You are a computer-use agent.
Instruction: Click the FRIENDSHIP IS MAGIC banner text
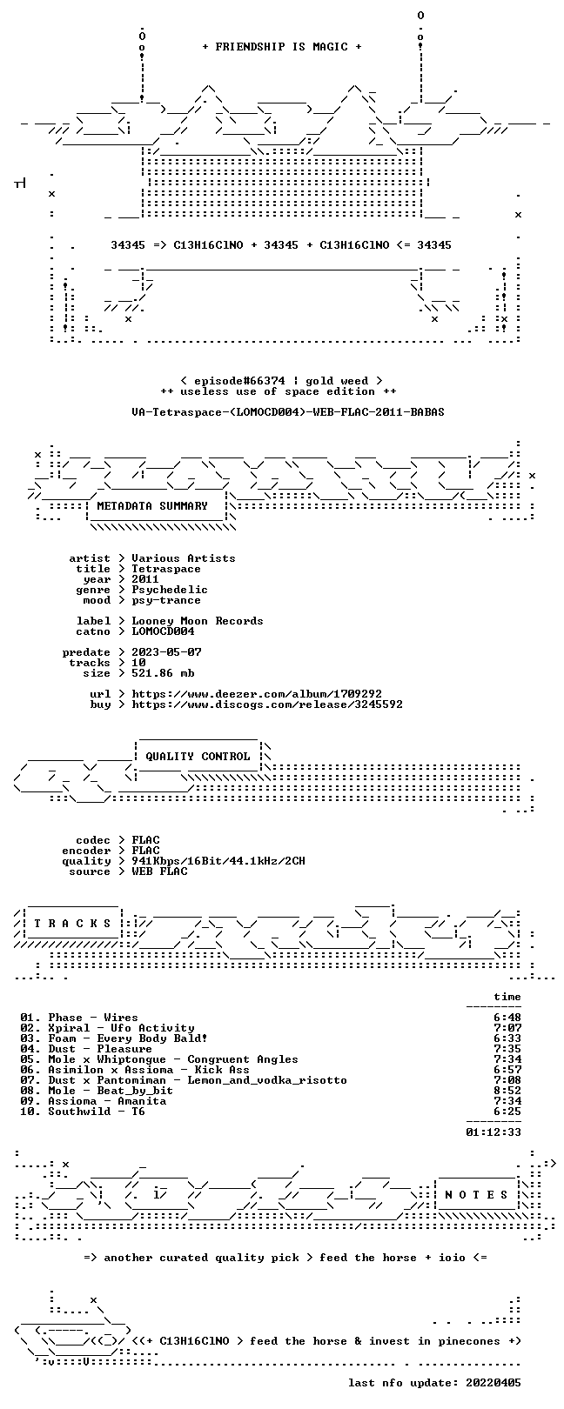[x=281, y=47]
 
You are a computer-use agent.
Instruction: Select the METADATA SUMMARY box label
[x=151, y=505]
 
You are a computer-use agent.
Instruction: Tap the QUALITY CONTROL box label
[x=198, y=756]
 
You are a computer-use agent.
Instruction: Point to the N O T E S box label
[x=476, y=1194]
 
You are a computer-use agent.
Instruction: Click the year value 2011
[x=145, y=579]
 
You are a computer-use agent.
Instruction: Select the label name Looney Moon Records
[x=198, y=621]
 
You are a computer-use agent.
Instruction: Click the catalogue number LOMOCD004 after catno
[x=163, y=631]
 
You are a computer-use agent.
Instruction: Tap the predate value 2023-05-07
[x=167, y=652]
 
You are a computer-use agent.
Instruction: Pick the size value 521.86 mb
[x=163, y=673]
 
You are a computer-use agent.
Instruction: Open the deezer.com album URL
[x=257, y=694]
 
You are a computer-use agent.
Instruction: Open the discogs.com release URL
[x=267, y=704]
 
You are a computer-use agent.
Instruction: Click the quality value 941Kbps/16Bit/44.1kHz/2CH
[x=218, y=861]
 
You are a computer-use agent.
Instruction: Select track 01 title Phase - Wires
[x=93, y=1018]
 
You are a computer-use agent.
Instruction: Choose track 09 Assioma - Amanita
[x=107, y=1101]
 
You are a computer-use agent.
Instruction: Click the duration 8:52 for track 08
[x=507, y=1091]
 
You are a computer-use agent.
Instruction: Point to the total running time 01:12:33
[x=493, y=1132]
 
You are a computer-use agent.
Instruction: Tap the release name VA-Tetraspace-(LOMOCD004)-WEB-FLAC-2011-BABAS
[x=288, y=412]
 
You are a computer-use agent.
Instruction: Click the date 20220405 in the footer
[x=493, y=1383]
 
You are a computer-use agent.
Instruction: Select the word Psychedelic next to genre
[x=170, y=590]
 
